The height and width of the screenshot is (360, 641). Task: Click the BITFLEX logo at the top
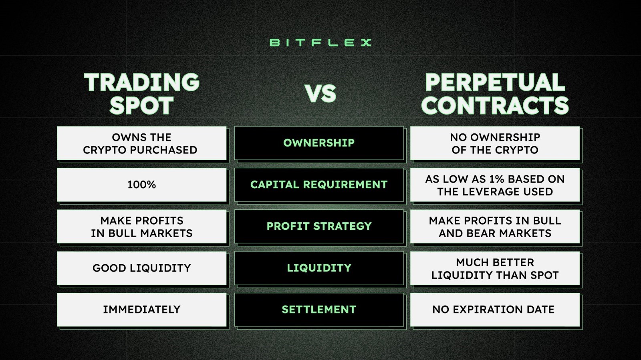320,42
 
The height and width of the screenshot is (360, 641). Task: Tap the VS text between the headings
320,94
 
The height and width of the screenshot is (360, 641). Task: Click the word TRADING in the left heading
141,82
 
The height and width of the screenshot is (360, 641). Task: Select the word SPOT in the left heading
141,106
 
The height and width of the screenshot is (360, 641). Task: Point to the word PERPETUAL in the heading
495,82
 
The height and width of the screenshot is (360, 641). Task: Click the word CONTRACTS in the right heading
495,106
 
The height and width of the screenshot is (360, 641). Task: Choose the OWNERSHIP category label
319,143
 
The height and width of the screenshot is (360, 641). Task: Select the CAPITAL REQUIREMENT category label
319,185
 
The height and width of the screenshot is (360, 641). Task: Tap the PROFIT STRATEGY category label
319,226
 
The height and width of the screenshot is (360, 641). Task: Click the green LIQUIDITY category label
319,268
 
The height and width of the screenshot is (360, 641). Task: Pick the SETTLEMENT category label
319,310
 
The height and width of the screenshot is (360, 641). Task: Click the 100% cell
141,185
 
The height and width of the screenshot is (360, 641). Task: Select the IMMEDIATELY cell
141,310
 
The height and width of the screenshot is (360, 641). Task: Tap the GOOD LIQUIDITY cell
141,268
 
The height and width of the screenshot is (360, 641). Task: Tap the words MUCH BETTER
495,262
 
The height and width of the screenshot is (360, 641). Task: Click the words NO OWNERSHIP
495,137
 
